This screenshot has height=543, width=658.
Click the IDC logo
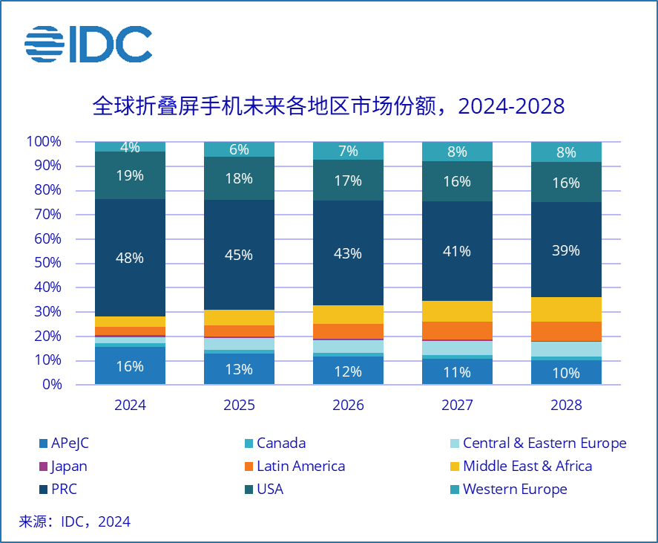coord(88,45)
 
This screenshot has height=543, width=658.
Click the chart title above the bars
coord(329,106)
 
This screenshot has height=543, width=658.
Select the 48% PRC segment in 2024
coord(130,258)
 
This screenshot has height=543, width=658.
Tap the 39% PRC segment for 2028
coord(566,250)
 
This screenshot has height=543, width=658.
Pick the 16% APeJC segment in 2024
coord(130,365)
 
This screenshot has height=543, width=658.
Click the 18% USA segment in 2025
coord(239,178)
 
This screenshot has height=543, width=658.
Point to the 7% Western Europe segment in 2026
coord(348,151)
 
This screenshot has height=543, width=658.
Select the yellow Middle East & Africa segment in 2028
coord(566,309)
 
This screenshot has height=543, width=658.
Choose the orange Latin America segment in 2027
coord(457,331)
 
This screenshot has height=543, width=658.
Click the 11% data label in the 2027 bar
coord(457,372)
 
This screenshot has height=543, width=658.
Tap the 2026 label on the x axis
coord(348,406)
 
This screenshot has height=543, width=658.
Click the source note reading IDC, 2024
coord(74,521)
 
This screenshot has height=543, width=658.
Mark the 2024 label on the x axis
coord(130,406)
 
